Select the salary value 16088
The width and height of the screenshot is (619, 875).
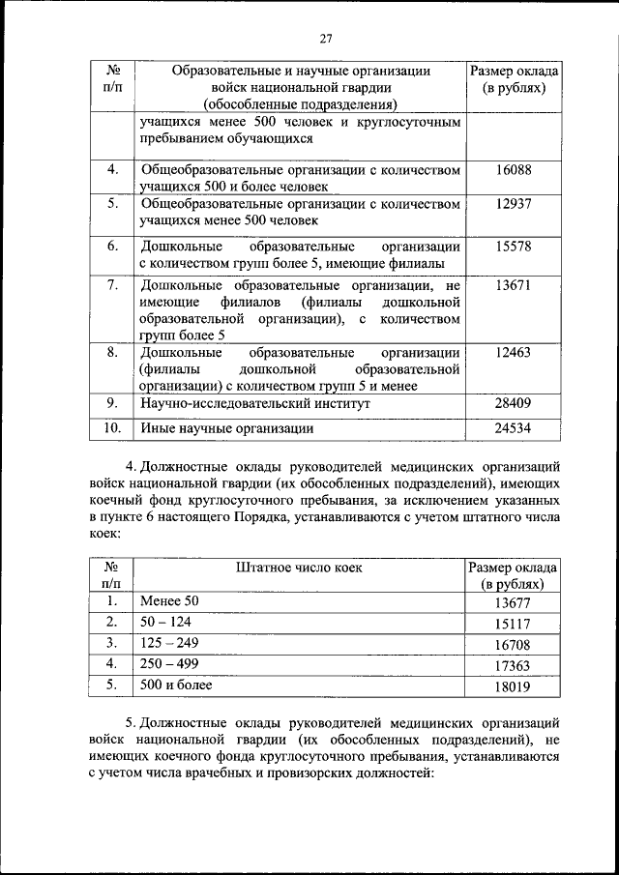tap(513, 170)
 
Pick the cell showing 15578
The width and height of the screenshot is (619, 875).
tap(513, 247)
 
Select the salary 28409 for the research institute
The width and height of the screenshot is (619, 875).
tap(513, 402)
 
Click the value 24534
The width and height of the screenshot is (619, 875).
tap(513, 427)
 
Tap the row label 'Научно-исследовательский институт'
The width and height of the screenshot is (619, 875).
tap(255, 402)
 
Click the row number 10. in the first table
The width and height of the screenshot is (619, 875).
tap(112, 427)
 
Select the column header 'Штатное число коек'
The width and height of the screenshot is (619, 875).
tap(298, 568)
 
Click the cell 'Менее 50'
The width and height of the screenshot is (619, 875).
tap(169, 600)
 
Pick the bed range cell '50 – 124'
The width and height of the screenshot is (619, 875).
tap(165, 622)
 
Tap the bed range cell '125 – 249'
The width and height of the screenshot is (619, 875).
tap(171, 643)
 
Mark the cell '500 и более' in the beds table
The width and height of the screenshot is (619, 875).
tap(176, 685)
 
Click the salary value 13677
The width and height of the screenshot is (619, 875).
tap(513, 601)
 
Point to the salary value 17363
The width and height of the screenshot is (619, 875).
tap(513, 665)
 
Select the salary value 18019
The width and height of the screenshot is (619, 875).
tap(513, 686)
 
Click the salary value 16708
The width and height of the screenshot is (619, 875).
tap(513, 644)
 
